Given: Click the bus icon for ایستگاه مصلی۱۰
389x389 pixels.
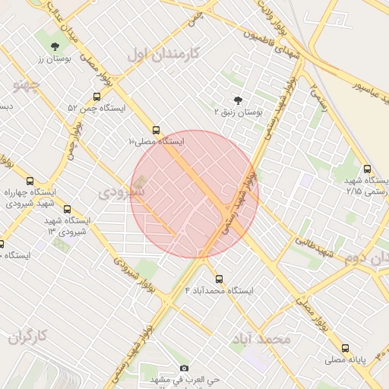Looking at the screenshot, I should (156, 130).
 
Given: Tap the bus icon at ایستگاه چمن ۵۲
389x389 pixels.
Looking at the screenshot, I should (96, 96).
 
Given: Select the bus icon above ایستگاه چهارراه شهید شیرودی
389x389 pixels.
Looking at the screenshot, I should (30, 181).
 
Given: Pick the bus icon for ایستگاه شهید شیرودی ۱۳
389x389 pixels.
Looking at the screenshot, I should (67, 209).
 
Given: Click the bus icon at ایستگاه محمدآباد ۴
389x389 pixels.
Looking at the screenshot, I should (220, 279).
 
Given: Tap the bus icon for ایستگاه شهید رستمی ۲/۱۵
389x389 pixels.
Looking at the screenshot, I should (368, 169).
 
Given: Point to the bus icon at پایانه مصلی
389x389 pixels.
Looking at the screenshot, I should (346, 348).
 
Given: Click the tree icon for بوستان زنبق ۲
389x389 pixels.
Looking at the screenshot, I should (239, 100).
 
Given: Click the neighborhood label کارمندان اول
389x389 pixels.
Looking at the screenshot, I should (163, 53).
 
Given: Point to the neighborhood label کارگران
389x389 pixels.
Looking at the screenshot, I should (28, 335).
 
